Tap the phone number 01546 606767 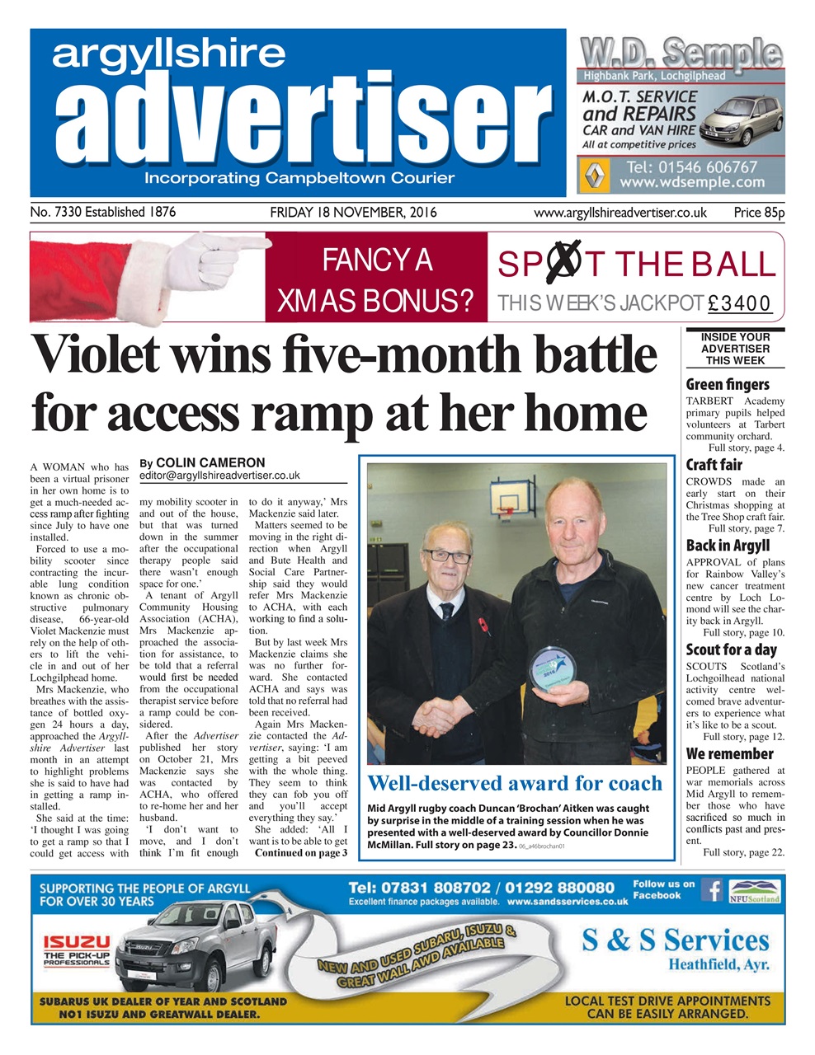coord(691,167)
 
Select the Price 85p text coord(759,213)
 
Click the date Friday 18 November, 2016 coord(353,213)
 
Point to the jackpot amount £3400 coord(740,303)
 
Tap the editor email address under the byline coord(219,476)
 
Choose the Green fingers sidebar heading coord(728,384)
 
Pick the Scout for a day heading coord(732,649)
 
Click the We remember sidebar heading coord(729,753)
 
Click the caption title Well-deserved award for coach coord(515,783)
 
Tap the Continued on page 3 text coord(301,853)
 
